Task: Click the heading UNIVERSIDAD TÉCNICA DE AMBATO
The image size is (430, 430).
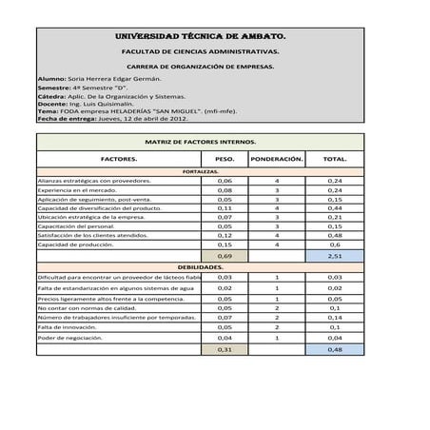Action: [200, 36]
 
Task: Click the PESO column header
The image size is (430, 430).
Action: [225, 160]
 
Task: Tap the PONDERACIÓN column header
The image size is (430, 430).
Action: [276, 160]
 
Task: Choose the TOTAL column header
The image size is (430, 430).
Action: [334, 160]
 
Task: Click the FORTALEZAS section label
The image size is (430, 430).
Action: [200, 171]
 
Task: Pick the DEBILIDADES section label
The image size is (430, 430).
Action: [200, 268]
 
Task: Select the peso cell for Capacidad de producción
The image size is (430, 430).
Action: [225, 244]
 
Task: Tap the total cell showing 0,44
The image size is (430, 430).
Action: [334, 208]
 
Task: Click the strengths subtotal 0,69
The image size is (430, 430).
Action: [225, 256]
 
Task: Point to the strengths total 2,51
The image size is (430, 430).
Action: [334, 256]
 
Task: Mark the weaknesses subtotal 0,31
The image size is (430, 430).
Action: [225, 349]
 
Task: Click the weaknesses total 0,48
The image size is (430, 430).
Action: [334, 349]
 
